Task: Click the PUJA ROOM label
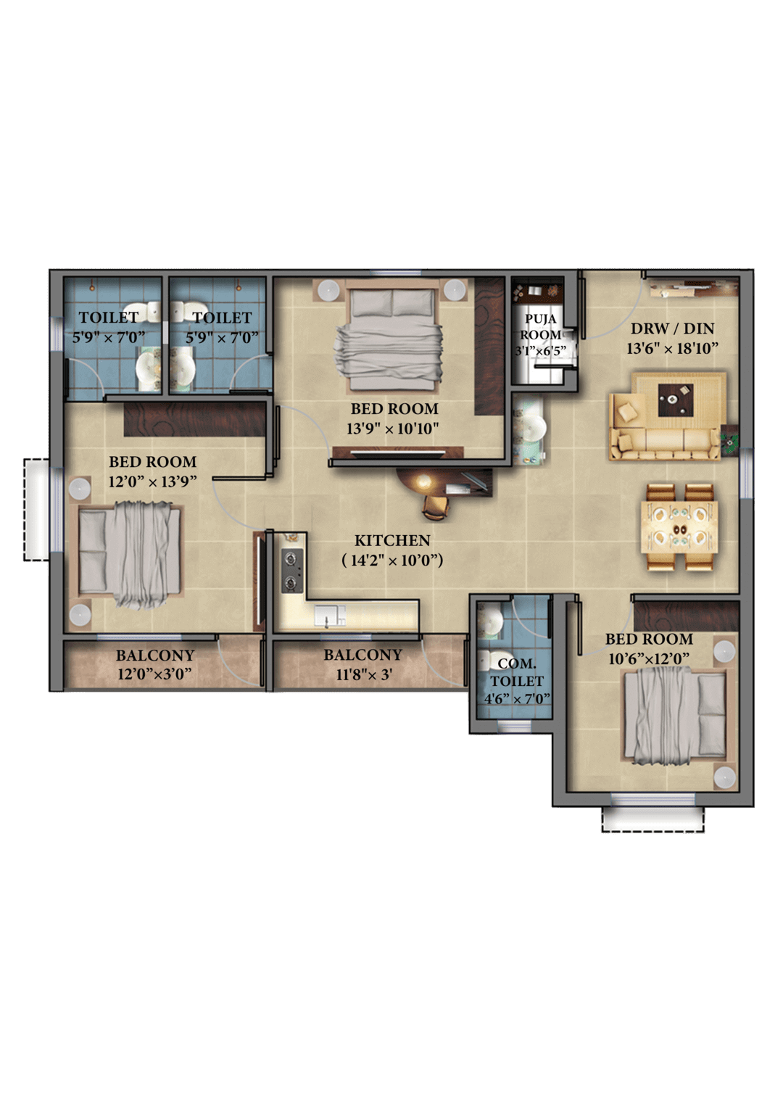[540, 326]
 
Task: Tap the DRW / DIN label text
[671, 328]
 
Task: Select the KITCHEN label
[392, 540]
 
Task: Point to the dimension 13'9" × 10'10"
[393, 429]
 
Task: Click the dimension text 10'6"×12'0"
[648, 659]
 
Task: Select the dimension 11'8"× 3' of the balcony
[364, 674]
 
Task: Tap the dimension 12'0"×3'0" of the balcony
[154, 674]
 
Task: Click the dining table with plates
[679, 527]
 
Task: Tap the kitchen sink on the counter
[329, 616]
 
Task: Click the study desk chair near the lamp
[436, 507]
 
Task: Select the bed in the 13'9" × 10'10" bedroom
[388, 335]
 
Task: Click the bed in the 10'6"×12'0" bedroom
[675, 713]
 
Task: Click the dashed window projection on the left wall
[36, 510]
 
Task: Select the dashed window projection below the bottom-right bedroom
[652, 819]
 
